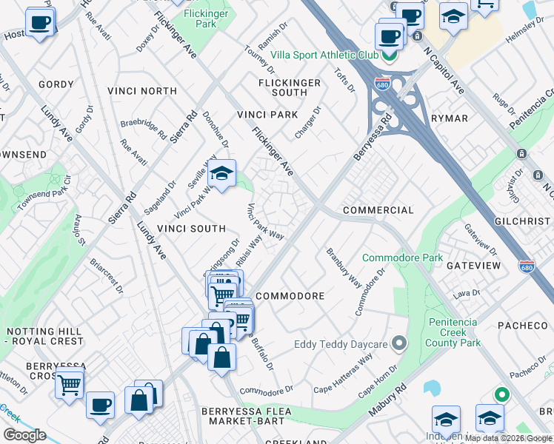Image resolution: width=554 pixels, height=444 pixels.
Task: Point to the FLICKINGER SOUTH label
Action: (x=290, y=87)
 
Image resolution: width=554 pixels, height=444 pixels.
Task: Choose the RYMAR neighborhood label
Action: (x=449, y=118)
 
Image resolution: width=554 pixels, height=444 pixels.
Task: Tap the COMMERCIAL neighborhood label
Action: (x=378, y=210)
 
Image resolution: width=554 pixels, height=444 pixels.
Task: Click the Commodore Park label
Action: (x=402, y=258)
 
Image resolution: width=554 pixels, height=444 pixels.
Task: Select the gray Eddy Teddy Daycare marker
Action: (x=400, y=343)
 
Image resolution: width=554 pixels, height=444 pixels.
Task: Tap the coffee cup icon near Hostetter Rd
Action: (x=40, y=21)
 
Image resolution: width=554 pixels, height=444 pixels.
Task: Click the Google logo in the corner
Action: (x=24, y=434)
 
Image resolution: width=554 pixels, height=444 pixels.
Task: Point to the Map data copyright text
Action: (x=508, y=438)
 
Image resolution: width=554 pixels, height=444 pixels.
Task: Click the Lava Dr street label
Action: (x=467, y=294)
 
